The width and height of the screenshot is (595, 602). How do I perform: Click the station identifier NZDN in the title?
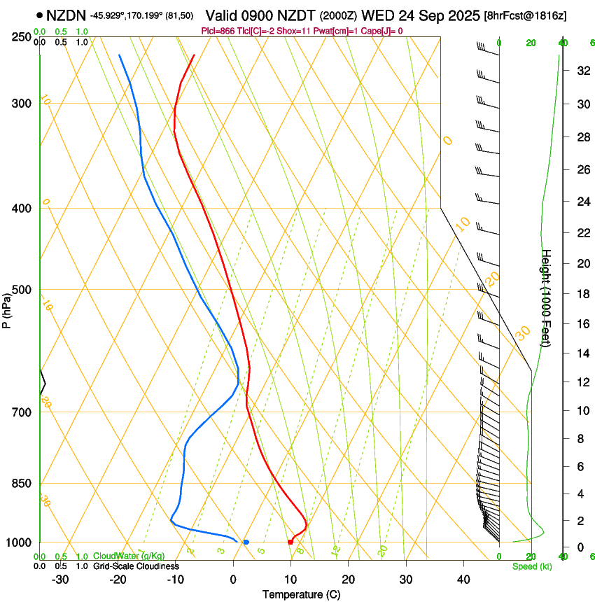(x=66, y=15)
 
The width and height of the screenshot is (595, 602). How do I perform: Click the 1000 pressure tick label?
(x=17, y=542)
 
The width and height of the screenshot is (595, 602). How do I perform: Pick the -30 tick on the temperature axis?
(x=60, y=580)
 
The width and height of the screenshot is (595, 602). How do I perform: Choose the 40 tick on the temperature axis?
(x=463, y=580)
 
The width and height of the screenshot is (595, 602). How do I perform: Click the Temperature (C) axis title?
(x=301, y=594)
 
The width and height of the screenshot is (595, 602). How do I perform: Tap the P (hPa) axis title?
(x=7, y=309)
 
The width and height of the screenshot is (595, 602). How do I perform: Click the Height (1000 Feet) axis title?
(x=547, y=297)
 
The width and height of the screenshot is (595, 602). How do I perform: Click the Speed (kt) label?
(x=531, y=566)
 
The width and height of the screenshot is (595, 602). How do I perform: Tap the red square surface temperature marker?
(x=290, y=542)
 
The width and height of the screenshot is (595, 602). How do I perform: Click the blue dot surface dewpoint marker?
(x=246, y=542)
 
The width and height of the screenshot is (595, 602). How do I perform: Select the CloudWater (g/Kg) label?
(x=129, y=556)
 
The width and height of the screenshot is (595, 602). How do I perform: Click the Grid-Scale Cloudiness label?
(x=136, y=566)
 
